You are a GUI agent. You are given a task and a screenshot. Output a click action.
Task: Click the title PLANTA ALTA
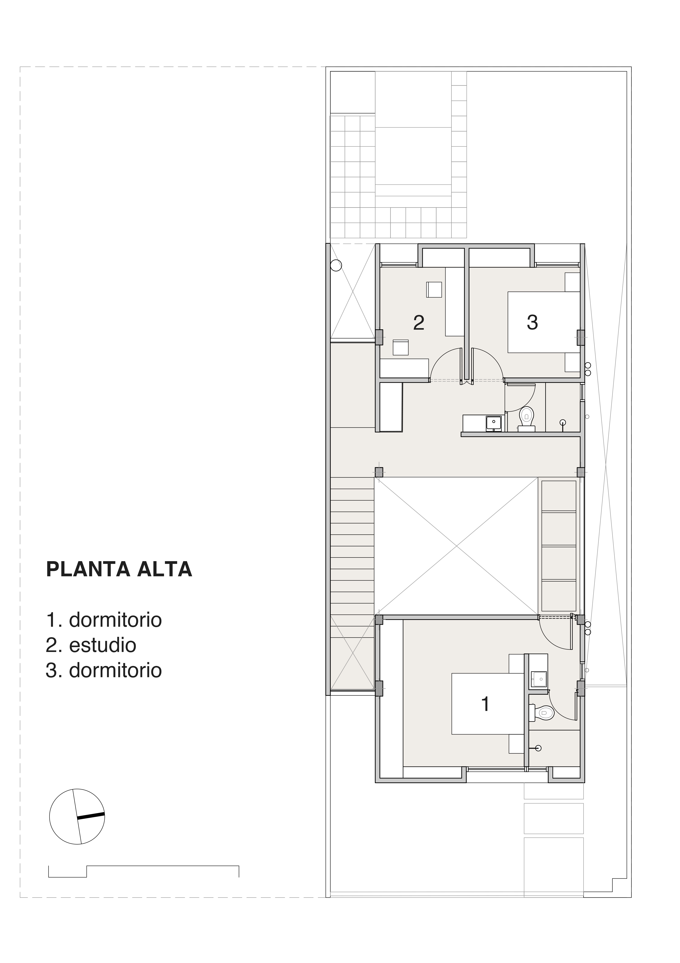coord(119,569)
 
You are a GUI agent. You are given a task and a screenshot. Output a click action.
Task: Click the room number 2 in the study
coord(419,322)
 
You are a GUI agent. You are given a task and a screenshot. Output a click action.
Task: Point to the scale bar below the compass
coord(144,871)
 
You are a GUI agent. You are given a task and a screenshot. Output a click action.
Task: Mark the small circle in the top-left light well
coord(336,265)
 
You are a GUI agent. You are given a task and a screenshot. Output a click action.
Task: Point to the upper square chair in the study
coord(434,289)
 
